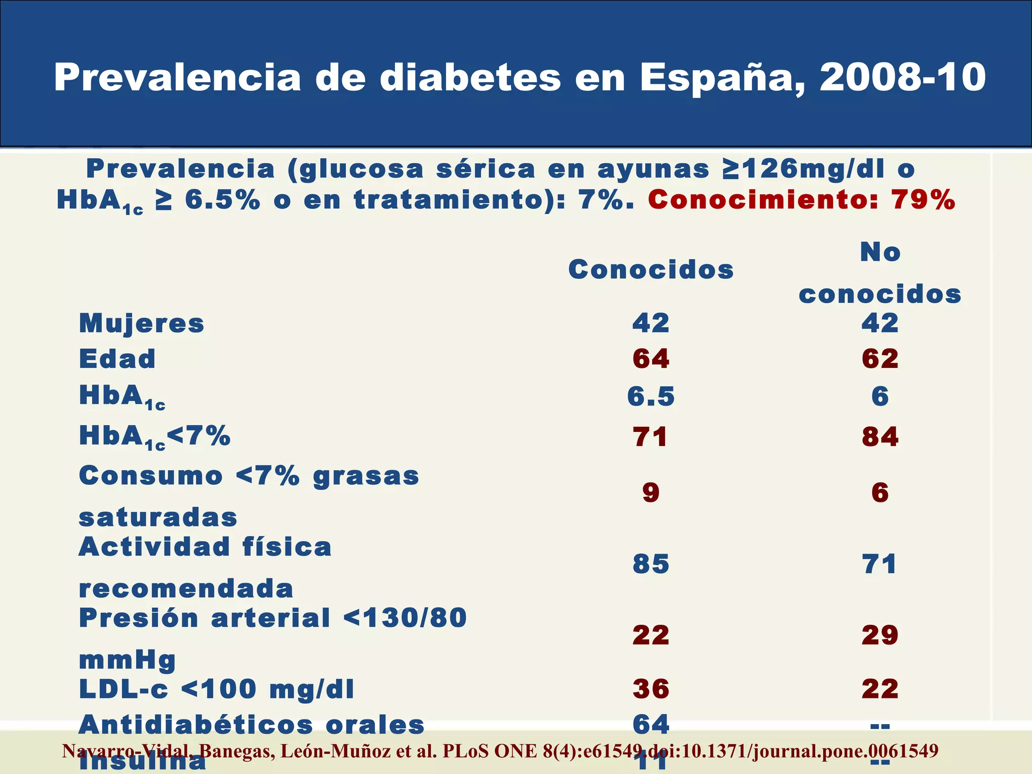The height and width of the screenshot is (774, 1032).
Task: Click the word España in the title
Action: click(722, 78)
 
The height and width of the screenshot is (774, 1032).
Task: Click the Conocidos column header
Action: click(651, 270)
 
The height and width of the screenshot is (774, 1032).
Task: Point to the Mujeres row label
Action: click(142, 324)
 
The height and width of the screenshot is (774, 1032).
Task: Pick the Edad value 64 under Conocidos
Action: click(651, 359)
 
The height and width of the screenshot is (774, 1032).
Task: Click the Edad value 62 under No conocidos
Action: click(880, 359)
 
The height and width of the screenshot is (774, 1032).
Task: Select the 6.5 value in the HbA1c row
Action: click(651, 397)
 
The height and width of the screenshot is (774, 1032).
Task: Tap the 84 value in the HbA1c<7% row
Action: click(880, 437)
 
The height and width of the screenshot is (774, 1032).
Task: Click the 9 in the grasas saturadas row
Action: click(651, 492)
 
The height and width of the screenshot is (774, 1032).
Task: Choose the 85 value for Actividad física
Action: click(651, 564)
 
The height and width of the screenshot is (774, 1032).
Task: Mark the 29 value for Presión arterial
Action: click(880, 635)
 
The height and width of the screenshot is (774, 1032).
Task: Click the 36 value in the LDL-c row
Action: click(651, 689)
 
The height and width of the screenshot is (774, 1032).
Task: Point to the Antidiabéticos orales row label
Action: click(251, 725)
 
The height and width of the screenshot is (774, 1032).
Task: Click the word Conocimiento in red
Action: click(763, 200)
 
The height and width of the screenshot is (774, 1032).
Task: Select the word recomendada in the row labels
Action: click(186, 589)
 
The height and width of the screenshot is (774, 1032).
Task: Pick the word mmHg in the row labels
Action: click(127, 661)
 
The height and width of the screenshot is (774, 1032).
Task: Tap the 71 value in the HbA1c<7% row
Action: click(651, 437)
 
